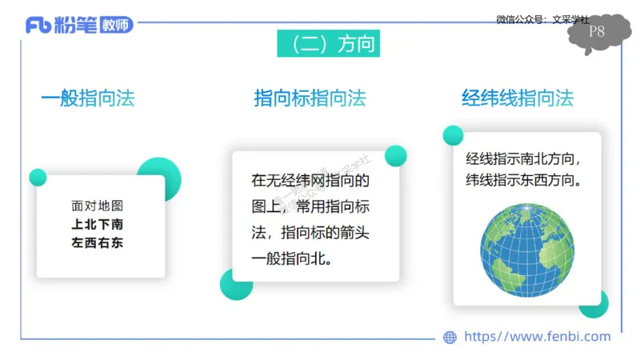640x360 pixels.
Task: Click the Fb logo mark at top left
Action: coord(38,26)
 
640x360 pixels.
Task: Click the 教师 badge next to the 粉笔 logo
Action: coord(117,26)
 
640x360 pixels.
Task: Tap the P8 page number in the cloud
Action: coord(597,32)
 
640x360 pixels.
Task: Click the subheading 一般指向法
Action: coord(88,98)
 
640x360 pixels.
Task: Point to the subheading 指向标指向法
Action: coord(310,98)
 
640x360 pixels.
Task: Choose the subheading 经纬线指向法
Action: coord(518,98)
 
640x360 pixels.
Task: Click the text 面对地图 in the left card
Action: coord(98,206)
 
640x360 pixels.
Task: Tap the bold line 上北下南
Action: coord(98,224)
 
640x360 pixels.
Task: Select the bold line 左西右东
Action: coord(98,242)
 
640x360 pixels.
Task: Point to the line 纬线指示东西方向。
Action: coord(524,180)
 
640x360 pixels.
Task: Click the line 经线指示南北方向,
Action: coord(524,158)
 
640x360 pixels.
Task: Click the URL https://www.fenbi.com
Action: coord(537,337)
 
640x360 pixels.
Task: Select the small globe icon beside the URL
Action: coord(450,338)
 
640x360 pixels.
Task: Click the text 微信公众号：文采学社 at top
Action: coord(542,18)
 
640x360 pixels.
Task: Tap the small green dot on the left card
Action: coord(38,177)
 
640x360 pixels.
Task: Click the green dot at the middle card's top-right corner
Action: coord(395,155)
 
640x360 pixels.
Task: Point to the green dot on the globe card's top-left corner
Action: coord(453,135)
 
